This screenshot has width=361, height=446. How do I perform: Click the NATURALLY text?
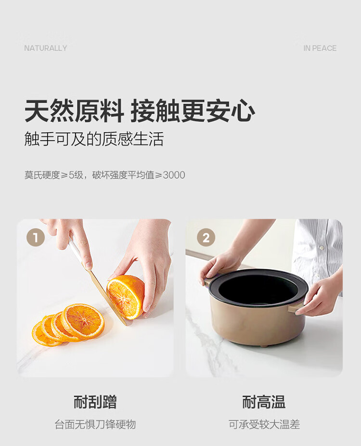(45, 48)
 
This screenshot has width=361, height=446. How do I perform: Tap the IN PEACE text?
(320, 48)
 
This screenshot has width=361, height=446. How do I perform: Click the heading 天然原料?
(74, 111)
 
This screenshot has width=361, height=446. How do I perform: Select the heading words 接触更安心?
(193, 111)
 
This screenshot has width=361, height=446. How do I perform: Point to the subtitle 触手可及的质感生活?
(94, 139)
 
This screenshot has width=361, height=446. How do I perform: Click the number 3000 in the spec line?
(174, 175)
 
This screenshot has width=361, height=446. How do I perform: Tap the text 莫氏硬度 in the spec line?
(42, 175)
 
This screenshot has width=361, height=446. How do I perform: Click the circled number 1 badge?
(36, 237)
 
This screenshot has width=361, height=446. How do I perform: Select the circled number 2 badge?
(206, 237)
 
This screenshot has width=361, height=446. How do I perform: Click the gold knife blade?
(106, 296)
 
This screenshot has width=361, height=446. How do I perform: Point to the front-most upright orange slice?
(83, 321)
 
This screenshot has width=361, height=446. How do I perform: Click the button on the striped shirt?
(322, 248)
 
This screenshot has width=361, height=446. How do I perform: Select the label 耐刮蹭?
(95, 402)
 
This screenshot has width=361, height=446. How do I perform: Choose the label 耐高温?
(264, 402)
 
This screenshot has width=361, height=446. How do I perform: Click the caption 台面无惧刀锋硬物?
(95, 424)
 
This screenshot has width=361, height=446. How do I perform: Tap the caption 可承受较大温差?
(264, 424)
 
